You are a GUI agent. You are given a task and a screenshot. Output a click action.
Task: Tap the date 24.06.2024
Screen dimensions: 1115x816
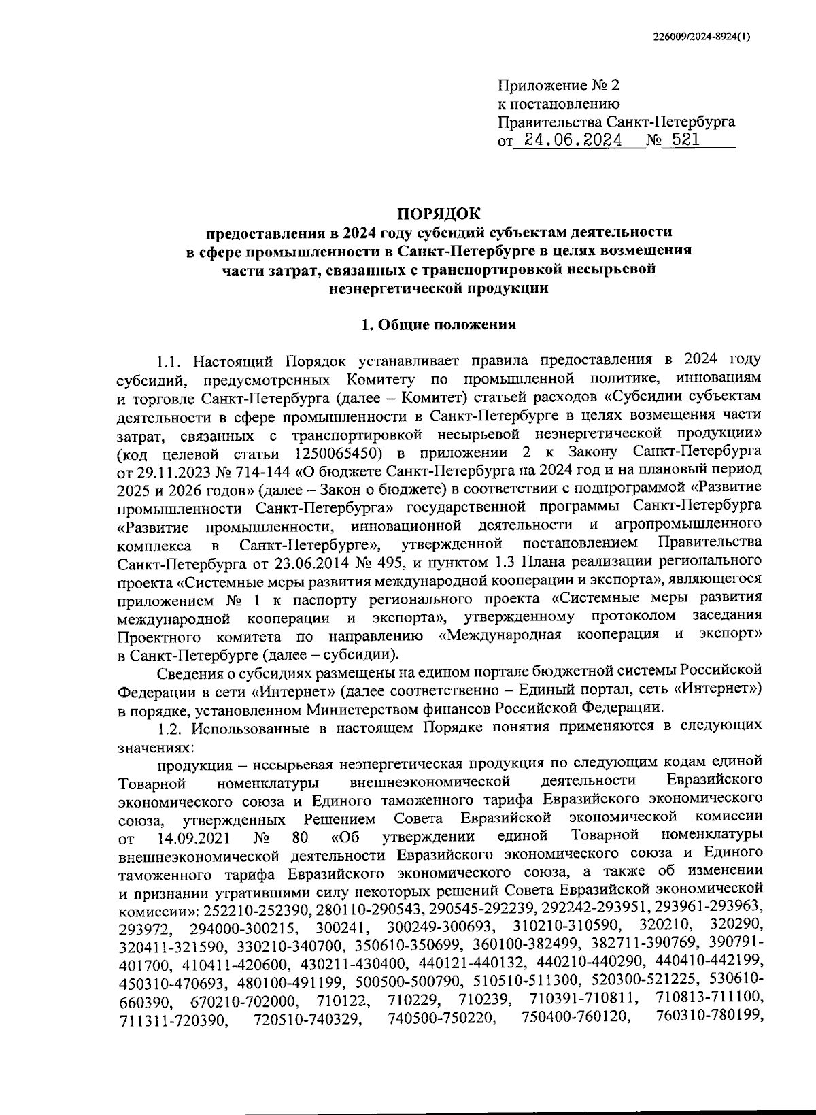click(569, 141)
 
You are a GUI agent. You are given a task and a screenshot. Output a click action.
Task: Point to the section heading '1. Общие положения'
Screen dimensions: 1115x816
click(439, 324)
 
